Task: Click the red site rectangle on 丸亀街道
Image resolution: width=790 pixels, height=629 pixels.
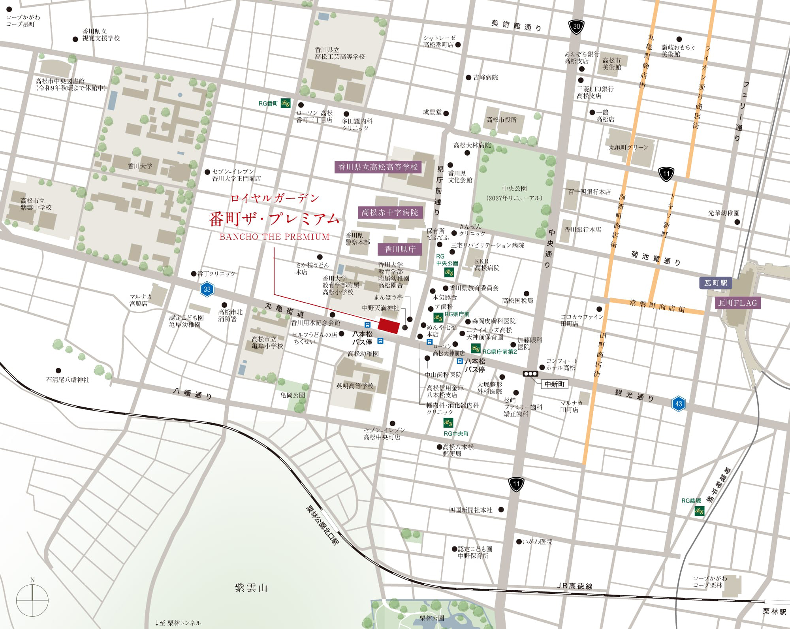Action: [x=388, y=325]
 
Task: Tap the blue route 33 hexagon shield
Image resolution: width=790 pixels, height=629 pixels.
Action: [x=207, y=289]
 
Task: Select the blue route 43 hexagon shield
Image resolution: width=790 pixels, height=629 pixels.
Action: [x=679, y=404]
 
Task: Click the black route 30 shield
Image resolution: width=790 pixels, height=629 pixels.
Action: [x=576, y=27]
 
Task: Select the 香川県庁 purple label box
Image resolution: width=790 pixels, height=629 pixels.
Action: [x=400, y=249]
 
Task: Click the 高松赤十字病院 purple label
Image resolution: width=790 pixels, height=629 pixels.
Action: [x=390, y=213]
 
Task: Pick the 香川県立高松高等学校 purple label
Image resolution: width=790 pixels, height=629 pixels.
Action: [x=378, y=167]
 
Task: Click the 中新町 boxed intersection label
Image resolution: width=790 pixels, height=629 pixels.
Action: [x=554, y=384]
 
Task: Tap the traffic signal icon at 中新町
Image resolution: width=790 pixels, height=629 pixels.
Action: [x=530, y=374]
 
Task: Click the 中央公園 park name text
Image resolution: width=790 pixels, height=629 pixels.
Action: [x=514, y=189]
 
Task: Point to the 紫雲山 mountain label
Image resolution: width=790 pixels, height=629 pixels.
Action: [x=251, y=588]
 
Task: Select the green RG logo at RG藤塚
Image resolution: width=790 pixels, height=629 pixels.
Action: [x=700, y=511]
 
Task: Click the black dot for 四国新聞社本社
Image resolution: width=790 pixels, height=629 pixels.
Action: [x=501, y=510]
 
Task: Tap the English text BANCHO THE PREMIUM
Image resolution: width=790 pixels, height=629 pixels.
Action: [x=274, y=237]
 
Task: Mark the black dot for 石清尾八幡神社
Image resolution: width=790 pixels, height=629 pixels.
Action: [x=58, y=371]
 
